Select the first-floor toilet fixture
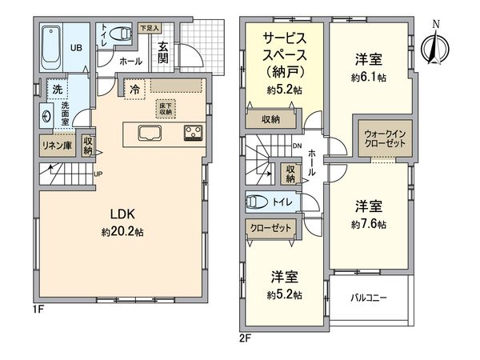click(x=121, y=34)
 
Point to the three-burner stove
click(x=193, y=133)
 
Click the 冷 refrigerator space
click(x=135, y=90)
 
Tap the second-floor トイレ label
click(x=282, y=203)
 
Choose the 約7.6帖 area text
click(x=369, y=222)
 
